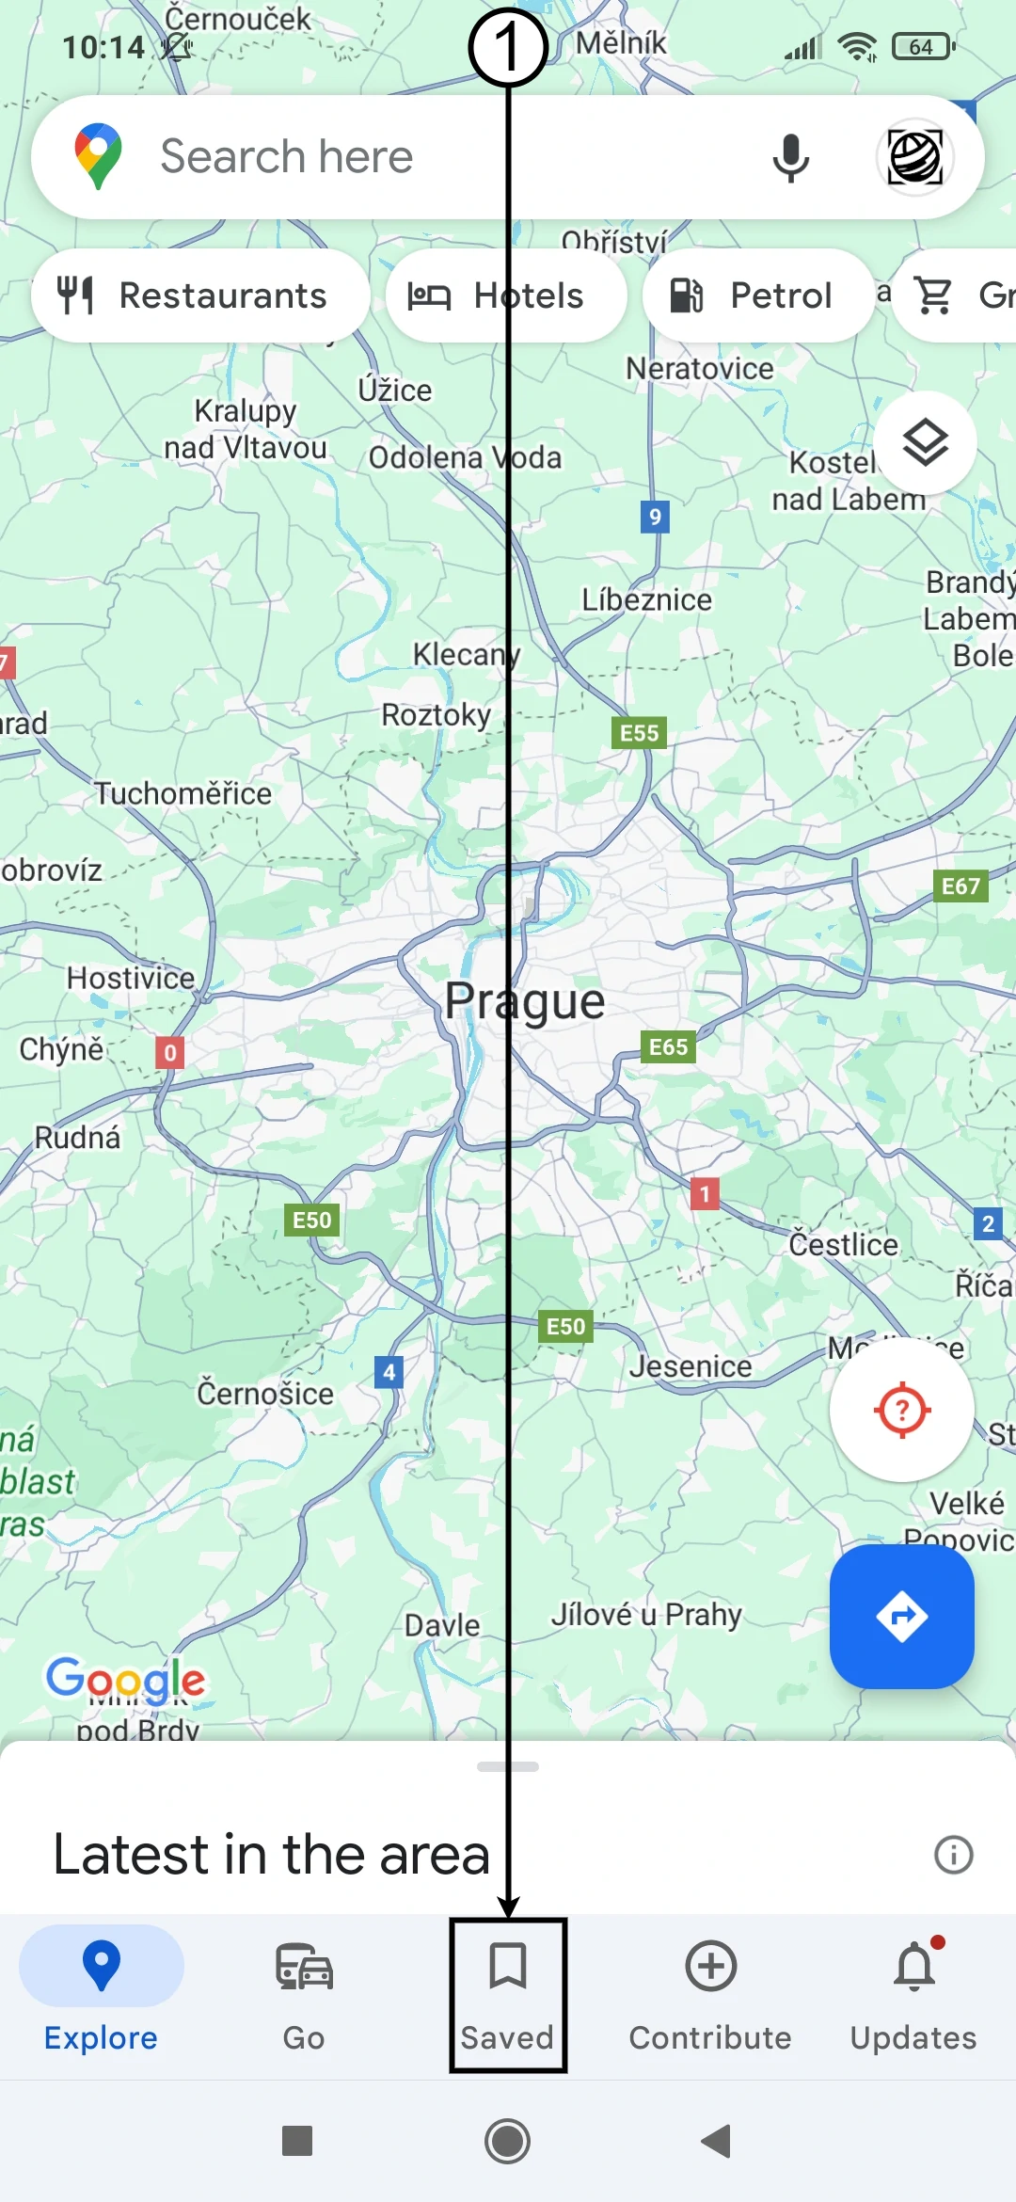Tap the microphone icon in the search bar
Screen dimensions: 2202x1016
click(790, 157)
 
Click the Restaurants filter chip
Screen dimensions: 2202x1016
click(199, 295)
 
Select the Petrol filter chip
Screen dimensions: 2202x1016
click(757, 295)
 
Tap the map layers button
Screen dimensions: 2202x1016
click(925, 442)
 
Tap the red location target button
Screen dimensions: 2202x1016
click(901, 1410)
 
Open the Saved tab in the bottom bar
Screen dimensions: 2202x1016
click(508, 1995)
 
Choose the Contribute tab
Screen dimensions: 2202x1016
click(710, 1995)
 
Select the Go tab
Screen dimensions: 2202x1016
click(304, 1995)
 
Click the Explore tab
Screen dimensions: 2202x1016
click(102, 1995)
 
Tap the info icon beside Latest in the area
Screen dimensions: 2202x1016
click(953, 1855)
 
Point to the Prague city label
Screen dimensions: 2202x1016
click(525, 1001)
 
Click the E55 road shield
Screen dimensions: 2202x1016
click(639, 733)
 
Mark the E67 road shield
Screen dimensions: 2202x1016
click(960, 886)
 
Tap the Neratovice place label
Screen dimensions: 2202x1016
click(700, 368)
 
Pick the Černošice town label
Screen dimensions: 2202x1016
click(265, 1394)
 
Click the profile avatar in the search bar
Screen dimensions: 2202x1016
click(914, 157)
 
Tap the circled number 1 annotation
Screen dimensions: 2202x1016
click(508, 47)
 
